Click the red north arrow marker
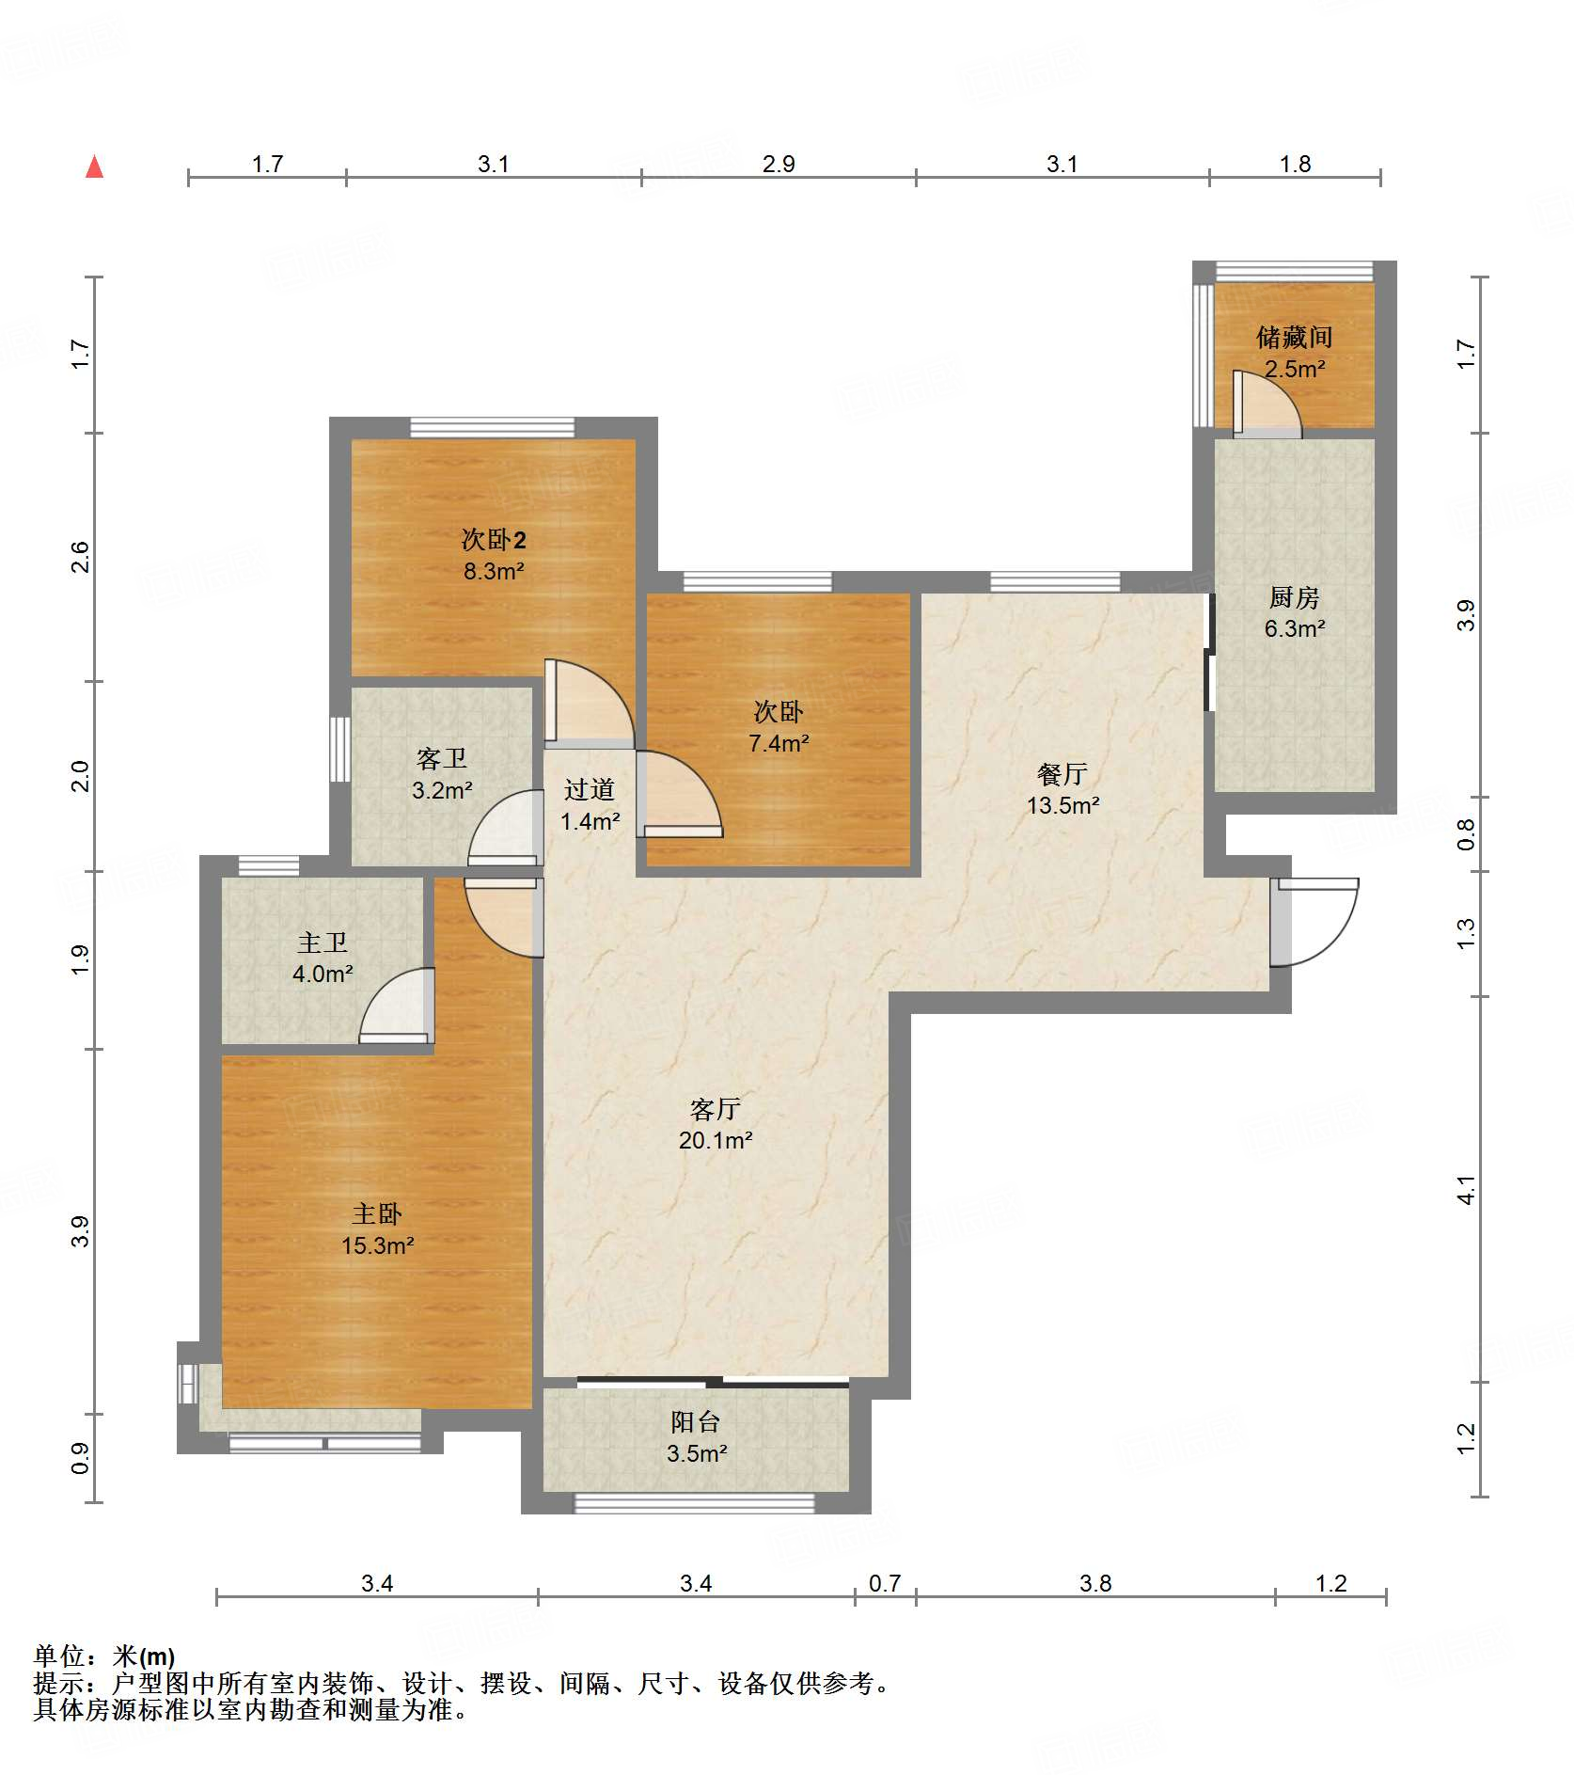point(94,166)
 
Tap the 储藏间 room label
point(1295,337)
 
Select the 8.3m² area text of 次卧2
point(494,571)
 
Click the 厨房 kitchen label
point(1295,597)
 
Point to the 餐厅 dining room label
point(1062,774)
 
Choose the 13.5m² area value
point(1062,805)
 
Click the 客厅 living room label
point(716,1109)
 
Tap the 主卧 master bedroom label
point(377,1214)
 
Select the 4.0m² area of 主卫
point(323,974)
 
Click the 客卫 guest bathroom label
point(442,759)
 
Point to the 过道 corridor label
point(590,790)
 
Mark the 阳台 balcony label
point(696,1422)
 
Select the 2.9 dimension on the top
point(779,165)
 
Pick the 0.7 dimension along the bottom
point(885,1584)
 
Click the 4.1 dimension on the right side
point(1467,1191)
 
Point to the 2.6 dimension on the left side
point(81,557)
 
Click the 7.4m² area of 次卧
point(779,743)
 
